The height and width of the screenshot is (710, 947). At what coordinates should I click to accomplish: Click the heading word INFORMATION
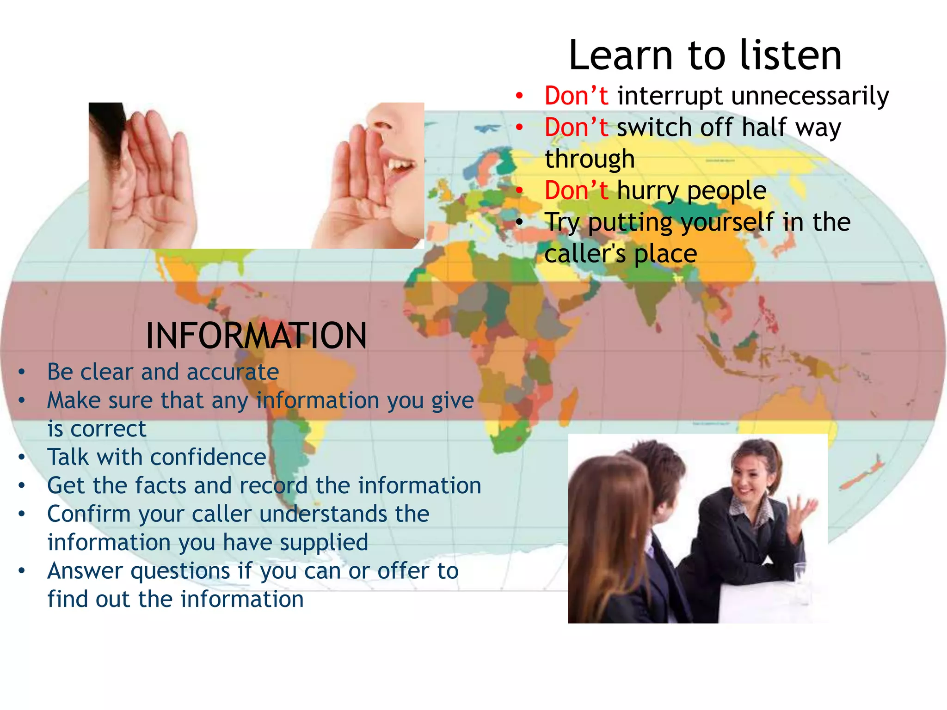pos(256,336)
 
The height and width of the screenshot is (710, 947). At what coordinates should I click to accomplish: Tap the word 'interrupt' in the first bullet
pos(670,96)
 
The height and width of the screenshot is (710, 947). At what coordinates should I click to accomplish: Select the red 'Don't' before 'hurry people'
pos(576,190)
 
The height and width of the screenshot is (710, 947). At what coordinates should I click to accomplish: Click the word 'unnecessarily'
pos(810,96)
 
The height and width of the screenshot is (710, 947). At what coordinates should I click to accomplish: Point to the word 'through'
pos(590,159)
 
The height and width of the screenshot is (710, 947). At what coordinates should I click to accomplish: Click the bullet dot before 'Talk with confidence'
pos(22,458)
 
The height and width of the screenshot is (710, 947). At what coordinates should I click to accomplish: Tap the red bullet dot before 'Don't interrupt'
pos(520,96)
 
